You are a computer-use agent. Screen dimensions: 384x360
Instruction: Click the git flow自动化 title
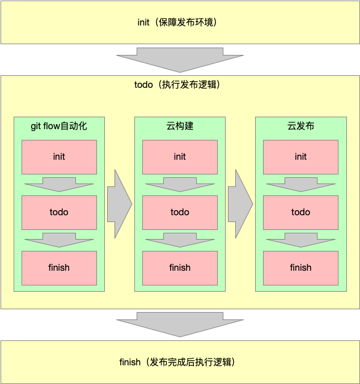tap(59, 126)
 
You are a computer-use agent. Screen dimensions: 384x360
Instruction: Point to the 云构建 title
tap(180, 126)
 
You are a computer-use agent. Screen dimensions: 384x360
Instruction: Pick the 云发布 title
tap(300, 126)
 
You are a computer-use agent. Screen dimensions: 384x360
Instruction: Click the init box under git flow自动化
tap(59, 157)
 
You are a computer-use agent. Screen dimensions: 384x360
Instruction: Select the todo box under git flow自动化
tap(59, 212)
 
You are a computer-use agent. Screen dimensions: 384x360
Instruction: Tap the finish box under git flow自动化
tap(59, 268)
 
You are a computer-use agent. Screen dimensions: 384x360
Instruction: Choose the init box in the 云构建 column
tap(180, 157)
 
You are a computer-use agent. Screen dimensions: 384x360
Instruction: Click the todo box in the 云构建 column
tap(180, 212)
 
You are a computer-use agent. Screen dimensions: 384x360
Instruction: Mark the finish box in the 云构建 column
tap(180, 268)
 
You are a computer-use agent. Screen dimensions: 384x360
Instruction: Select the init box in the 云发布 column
tap(300, 157)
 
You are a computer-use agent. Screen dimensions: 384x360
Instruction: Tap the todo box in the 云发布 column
tap(300, 212)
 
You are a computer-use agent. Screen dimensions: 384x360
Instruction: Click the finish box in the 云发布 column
tap(300, 268)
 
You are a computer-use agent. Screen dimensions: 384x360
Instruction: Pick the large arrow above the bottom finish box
tap(180, 324)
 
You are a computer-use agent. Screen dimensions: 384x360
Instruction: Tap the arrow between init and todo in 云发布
tap(300, 184)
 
